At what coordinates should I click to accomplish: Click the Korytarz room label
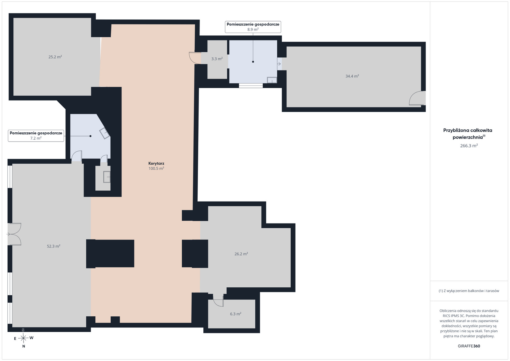(156, 163)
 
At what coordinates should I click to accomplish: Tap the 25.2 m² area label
(55, 57)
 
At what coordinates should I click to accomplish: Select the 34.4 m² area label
(352, 76)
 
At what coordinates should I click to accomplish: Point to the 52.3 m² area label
(54, 246)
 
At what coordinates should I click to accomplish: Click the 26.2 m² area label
(241, 254)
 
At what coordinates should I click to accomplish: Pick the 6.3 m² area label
(236, 314)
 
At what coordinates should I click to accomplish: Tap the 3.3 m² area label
(217, 59)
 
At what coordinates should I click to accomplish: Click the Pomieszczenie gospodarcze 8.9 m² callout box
(253, 27)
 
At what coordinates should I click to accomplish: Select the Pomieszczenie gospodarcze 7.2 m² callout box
(36, 136)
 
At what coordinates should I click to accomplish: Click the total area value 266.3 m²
(469, 146)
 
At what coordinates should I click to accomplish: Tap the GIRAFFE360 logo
(469, 346)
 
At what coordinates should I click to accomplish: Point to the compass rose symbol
(23, 338)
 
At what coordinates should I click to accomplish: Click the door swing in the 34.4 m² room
(417, 98)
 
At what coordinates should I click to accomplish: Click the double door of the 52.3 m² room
(14, 234)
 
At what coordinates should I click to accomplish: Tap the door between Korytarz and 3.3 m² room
(195, 58)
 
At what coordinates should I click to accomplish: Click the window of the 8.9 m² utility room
(251, 86)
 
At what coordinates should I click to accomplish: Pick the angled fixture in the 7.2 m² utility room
(105, 133)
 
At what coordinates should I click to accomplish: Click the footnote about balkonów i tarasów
(469, 291)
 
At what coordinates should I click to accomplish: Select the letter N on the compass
(24, 346)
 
